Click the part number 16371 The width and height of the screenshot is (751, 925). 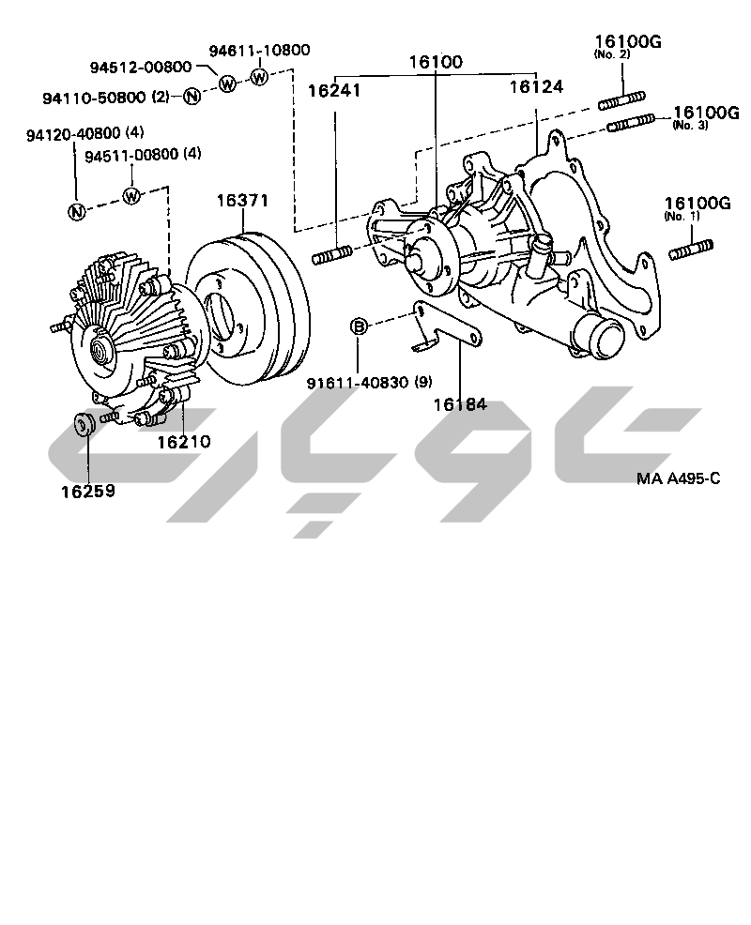243,200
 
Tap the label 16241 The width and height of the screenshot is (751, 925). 335,91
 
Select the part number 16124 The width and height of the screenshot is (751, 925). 536,87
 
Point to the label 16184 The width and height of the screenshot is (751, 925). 460,404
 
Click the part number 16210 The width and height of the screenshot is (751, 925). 184,441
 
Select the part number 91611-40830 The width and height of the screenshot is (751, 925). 355,383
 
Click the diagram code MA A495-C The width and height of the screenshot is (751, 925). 678,478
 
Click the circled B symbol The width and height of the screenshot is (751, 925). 359,326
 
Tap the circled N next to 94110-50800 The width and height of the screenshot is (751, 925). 192,97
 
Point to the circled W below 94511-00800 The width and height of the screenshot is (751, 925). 131,195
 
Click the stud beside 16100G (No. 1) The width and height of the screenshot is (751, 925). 691,250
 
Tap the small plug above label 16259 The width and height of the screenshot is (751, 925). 83,425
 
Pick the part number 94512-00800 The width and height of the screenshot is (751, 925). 141,68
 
